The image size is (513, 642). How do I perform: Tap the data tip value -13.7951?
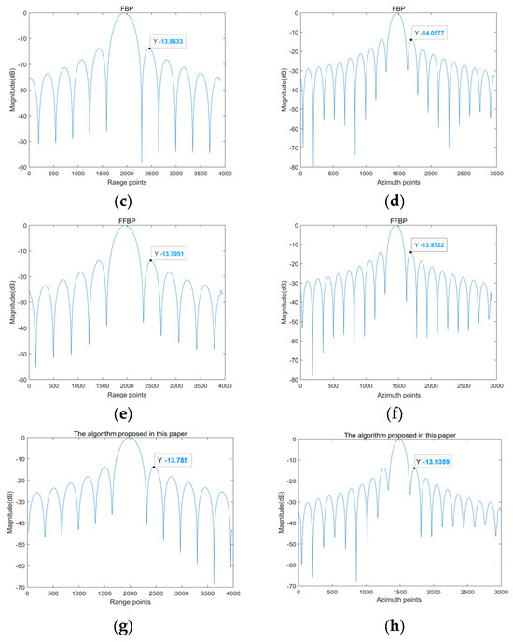[x=174, y=253]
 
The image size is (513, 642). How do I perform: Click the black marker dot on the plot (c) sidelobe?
[x=148, y=49]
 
